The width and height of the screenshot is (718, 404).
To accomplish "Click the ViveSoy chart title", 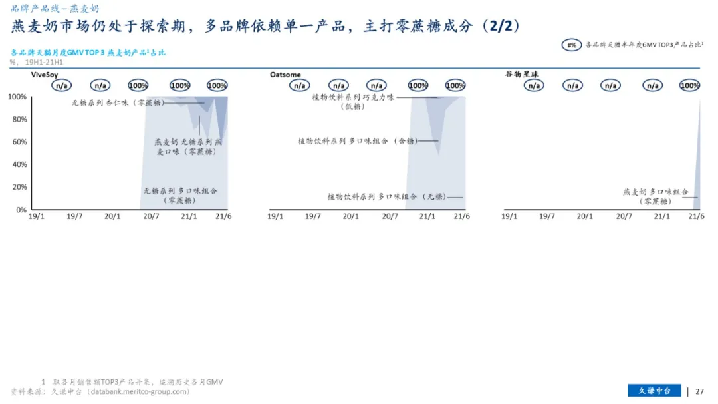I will (45, 75).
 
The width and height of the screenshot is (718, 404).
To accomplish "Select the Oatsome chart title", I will (285, 75).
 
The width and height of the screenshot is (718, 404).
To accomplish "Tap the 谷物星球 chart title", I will (521, 75).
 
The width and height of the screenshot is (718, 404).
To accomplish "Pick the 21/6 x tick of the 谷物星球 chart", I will (695, 216).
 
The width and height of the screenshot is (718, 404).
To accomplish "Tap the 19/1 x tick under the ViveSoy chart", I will (37, 216).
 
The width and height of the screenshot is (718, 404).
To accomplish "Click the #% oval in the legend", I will (572, 45).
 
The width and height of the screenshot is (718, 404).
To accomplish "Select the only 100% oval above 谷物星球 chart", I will (689, 85).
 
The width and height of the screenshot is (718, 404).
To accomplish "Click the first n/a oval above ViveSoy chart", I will (61, 85).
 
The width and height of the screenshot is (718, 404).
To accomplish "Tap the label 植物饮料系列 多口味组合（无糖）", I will (386, 197).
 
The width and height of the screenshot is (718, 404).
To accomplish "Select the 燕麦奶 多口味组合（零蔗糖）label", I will (656, 196).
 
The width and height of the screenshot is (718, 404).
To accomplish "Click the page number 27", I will (699, 391).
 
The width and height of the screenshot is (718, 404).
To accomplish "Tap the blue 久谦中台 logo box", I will (654, 391).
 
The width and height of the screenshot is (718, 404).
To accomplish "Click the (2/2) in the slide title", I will (501, 27).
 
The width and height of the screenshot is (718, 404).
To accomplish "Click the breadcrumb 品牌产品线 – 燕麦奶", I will (55, 9).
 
